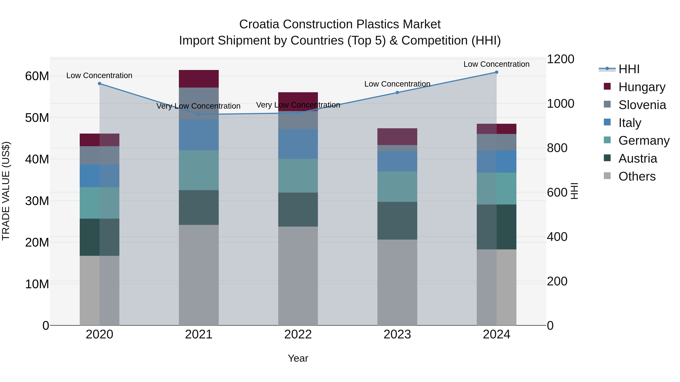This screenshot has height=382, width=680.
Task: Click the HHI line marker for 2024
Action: (496, 72)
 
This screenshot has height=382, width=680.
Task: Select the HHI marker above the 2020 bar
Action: (100, 84)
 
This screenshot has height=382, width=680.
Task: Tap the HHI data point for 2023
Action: (397, 93)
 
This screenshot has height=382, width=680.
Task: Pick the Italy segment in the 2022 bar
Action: (298, 144)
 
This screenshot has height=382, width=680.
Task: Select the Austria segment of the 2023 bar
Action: (397, 221)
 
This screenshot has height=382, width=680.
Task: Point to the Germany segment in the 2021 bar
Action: (199, 170)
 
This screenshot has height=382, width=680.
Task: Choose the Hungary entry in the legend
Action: (641, 87)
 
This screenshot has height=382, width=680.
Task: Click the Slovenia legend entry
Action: (642, 105)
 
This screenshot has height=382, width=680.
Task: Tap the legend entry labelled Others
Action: (637, 176)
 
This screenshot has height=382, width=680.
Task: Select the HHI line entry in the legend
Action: (629, 69)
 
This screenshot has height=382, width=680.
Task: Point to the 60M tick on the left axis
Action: (37, 76)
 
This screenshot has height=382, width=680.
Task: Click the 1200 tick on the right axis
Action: (560, 59)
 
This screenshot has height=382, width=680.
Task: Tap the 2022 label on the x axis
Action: (298, 334)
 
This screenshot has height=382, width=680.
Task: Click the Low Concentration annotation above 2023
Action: (397, 84)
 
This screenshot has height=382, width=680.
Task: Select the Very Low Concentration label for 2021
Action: (199, 106)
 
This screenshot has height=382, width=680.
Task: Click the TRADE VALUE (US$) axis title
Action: (6, 191)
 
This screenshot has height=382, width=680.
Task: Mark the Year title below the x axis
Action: (298, 358)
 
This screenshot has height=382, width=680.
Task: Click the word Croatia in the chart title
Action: (259, 24)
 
